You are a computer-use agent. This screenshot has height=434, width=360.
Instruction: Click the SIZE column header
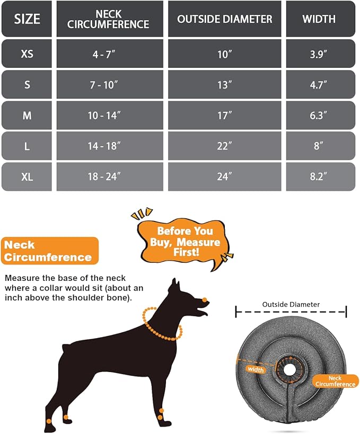[x=27, y=20]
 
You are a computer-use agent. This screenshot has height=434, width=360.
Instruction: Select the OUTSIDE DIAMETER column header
[x=225, y=20]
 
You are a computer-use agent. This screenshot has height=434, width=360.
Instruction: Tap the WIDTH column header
[x=319, y=20]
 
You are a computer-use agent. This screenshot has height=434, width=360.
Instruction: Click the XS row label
[x=27, y=54]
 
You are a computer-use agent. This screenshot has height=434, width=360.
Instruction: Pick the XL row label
[x=27, y=177]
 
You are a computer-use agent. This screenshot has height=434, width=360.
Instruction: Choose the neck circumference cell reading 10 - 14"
[x=104, y=116]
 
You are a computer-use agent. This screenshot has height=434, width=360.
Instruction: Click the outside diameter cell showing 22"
[x=225, y=146]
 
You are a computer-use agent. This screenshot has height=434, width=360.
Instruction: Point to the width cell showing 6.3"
[x=319, y=116]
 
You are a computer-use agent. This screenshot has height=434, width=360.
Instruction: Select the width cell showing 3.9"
[x=319, y=54]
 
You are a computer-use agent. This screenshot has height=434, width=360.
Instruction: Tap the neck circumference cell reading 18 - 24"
[x=104, y=177]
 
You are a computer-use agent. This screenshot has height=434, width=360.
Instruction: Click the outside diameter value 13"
[x=225, y=85]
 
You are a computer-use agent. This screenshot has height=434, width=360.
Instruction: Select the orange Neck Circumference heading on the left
[x=49, y=251]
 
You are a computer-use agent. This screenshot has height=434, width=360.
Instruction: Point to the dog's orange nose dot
[x=204, y=299]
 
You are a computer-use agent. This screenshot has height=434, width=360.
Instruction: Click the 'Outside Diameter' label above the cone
[x=291, y=305]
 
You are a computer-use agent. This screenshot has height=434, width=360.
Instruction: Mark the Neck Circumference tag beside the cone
[x=335, y=381]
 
